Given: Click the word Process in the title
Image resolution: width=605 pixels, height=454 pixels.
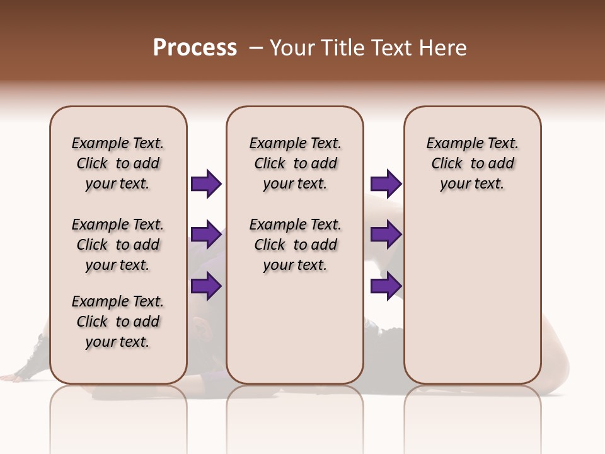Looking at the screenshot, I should [x=195, y=48].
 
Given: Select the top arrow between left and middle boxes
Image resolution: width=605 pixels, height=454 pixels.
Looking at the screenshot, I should [x=206, y=184].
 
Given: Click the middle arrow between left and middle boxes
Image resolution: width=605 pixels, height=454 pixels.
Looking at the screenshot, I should [x=206, y=235].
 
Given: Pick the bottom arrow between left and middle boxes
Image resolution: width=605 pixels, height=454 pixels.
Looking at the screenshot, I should [x=206, y=286].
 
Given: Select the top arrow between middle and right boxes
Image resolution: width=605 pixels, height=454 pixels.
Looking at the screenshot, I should [x=386, y=184].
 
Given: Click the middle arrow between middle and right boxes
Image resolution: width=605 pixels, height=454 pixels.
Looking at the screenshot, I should [x=386, y=235].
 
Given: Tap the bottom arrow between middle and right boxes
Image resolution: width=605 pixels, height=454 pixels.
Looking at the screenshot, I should [x=386, y=286].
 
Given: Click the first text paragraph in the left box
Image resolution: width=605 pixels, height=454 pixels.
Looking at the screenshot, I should [x=118, y=163].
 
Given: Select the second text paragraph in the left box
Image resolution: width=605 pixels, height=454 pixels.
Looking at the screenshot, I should [x=118, y=245].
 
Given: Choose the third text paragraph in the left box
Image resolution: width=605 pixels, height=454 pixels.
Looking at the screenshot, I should [x=118, y=322].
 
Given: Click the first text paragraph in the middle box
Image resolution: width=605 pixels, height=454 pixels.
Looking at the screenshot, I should [x=296, y=163].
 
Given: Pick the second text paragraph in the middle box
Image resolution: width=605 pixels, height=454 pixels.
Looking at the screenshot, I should [x=296, y=245].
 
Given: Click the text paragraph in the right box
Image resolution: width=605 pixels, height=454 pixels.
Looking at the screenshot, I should [x=473, y=163].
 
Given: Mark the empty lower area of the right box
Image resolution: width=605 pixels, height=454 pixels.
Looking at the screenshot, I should [x=473, y=296].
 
